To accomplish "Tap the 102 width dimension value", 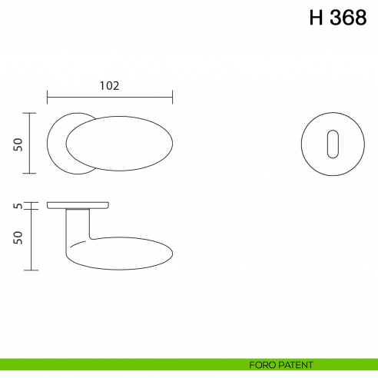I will click(110, 85).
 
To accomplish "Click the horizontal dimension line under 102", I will click(110, 97).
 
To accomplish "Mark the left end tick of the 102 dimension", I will click(48, 97).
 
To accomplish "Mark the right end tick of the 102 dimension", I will click(172, 97).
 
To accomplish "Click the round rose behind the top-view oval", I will click(57, 144).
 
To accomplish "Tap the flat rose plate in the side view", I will click(78, 205).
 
